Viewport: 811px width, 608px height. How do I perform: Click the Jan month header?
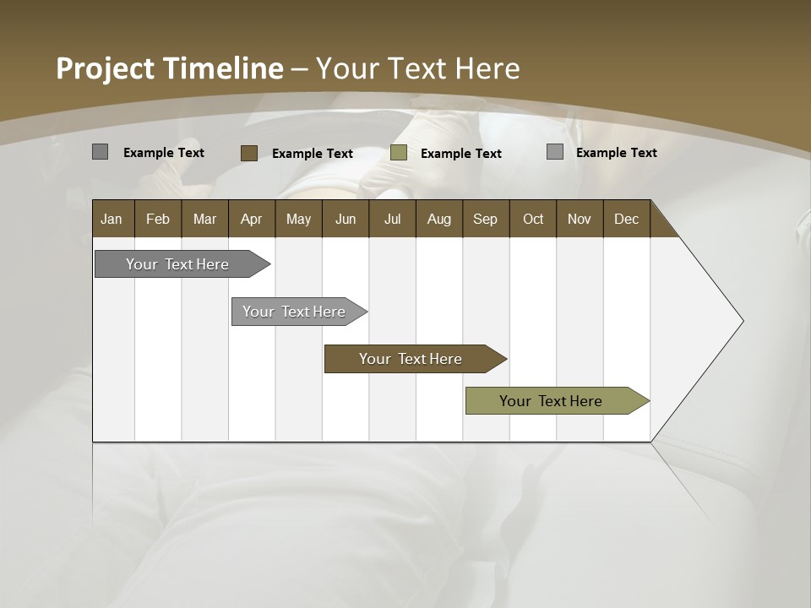[x=112, y=219]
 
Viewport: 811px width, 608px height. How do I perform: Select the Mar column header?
[x=204, y=219]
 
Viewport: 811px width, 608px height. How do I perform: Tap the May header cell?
[x=298, y=219]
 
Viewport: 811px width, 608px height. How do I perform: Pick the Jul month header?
[x=392, y=219]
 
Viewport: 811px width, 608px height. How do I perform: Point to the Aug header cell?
[x=438, y=219]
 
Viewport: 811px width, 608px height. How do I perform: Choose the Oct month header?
[x=533, y=219]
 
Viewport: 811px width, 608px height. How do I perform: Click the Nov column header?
[x=580, y=219]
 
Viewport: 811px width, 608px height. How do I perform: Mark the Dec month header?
[x=626, y=219]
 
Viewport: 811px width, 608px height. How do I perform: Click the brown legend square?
[x=248, y=153]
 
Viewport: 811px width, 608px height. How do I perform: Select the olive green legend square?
[x=399, y=153]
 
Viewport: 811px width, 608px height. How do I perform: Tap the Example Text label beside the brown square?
[x=312, y=154]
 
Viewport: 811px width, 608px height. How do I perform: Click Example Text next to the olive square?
[x=460, y=154]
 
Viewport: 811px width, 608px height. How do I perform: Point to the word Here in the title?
[x=487, y=68]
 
